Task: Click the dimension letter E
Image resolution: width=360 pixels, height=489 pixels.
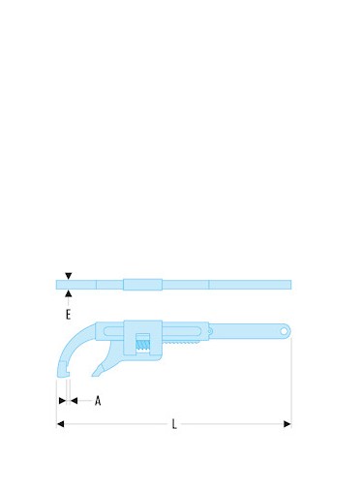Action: (68, 314)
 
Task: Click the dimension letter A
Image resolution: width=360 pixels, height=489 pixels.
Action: (98, 401)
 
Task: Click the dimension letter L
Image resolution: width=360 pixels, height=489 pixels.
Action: (174, 424)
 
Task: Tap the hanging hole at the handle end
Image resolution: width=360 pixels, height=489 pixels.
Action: (284, 331)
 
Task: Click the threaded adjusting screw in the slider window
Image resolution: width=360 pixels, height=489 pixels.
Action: (142, 345)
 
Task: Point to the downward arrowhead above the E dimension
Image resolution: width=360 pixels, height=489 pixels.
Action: (68, 276)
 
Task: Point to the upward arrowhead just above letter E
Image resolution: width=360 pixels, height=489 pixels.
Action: (68, 293)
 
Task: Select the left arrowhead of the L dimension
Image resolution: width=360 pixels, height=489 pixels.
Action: (60, 424)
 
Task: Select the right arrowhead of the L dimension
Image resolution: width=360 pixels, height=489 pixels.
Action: (287, 424)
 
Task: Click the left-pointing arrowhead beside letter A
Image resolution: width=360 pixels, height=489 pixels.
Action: (74, 401)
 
